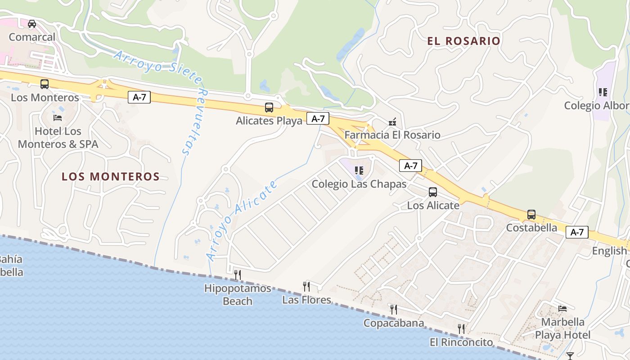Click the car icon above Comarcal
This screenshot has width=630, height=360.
click(x=32, y=24)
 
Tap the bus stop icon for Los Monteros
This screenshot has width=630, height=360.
click(x=45, y=84)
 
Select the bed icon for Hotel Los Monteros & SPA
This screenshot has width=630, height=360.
click(x=58, y=117)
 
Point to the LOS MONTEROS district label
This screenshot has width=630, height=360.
click(x=111, y=176)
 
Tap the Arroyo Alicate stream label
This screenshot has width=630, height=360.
click(x=242, y=220)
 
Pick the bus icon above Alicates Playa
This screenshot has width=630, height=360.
click(x=269, y=108)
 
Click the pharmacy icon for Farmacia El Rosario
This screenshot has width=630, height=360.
click(x=392, y=121)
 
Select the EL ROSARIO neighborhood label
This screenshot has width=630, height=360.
click(x=463, y=41)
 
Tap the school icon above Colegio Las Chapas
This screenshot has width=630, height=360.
click(x=359, y=170)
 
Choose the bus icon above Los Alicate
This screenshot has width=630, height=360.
click(x=433, y=192)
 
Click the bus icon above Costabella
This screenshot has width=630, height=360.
click(x=531, y=215)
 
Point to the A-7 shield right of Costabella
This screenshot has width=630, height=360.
click(x=577, y=232)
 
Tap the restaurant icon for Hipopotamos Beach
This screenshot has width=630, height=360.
click(x=238, y=274)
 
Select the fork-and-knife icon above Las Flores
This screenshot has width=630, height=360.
click(x=306, y=286)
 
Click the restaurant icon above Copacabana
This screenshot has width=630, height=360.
click(x=394, y=309)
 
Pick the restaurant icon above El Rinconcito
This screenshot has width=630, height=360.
click(x=461, y=328)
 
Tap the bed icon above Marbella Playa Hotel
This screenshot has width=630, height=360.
click(x=562, y=308)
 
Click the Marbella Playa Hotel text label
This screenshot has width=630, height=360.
click(x=562, y=328)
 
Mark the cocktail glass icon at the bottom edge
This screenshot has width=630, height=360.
click(x=570, y=356)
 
